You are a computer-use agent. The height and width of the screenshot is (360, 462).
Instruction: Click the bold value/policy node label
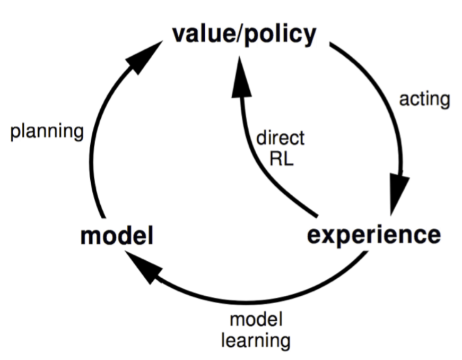click(x=244, y=35)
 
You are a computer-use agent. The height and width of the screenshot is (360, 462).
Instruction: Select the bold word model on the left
click(x=117, y=236)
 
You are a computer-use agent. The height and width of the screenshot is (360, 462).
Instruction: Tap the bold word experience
click(x=374, y=236)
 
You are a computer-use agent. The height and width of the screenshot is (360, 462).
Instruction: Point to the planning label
click(x=47, y=132)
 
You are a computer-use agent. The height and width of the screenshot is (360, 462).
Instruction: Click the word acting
click(x=424, y=99)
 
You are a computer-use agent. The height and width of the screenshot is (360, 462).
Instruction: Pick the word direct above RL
click(x=280, y=138)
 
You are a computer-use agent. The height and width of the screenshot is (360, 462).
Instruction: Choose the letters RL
click(x=282, y=159)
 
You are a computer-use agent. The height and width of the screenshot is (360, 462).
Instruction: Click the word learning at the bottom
click(x=256, y=341)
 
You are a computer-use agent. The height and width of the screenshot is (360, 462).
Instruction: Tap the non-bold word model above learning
click(x=256, y=319)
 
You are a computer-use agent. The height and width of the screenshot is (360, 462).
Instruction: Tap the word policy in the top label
click(x=281, y=36)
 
